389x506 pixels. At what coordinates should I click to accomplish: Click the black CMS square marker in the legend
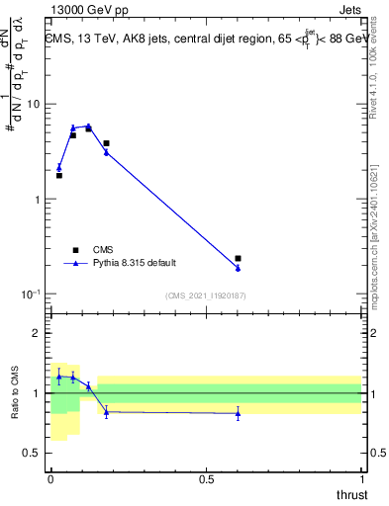point(74,250)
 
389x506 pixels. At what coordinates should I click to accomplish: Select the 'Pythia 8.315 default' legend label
point(135,263)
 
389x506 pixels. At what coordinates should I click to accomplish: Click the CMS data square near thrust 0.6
point(239,258)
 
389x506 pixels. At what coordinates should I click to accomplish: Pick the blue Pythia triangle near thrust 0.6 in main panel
point(239,268)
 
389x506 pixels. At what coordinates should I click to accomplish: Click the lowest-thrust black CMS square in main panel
point(59,175)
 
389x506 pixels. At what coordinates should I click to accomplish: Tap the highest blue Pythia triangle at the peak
point(88,126)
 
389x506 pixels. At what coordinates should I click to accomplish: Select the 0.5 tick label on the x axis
point(206,478)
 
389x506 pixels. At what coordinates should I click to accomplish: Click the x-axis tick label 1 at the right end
point(361,478)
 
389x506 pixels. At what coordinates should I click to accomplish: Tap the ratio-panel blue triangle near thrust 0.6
point(239,414)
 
